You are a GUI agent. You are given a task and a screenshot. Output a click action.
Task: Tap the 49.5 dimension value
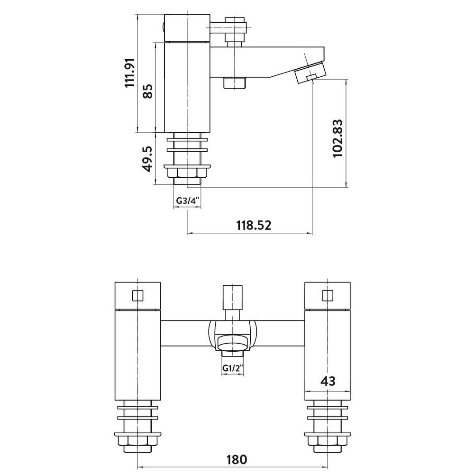[148, 159]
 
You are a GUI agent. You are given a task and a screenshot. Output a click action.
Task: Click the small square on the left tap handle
[138, 296]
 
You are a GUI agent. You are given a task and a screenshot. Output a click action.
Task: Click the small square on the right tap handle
[328, 296]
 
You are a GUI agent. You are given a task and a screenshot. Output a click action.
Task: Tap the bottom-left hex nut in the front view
[138, 441]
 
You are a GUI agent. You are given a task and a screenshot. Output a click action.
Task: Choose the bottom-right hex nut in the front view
[328, 441]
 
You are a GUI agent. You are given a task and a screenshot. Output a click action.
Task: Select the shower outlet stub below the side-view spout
[235, 83]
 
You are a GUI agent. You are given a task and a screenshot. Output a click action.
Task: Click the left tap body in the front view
[138, 355]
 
